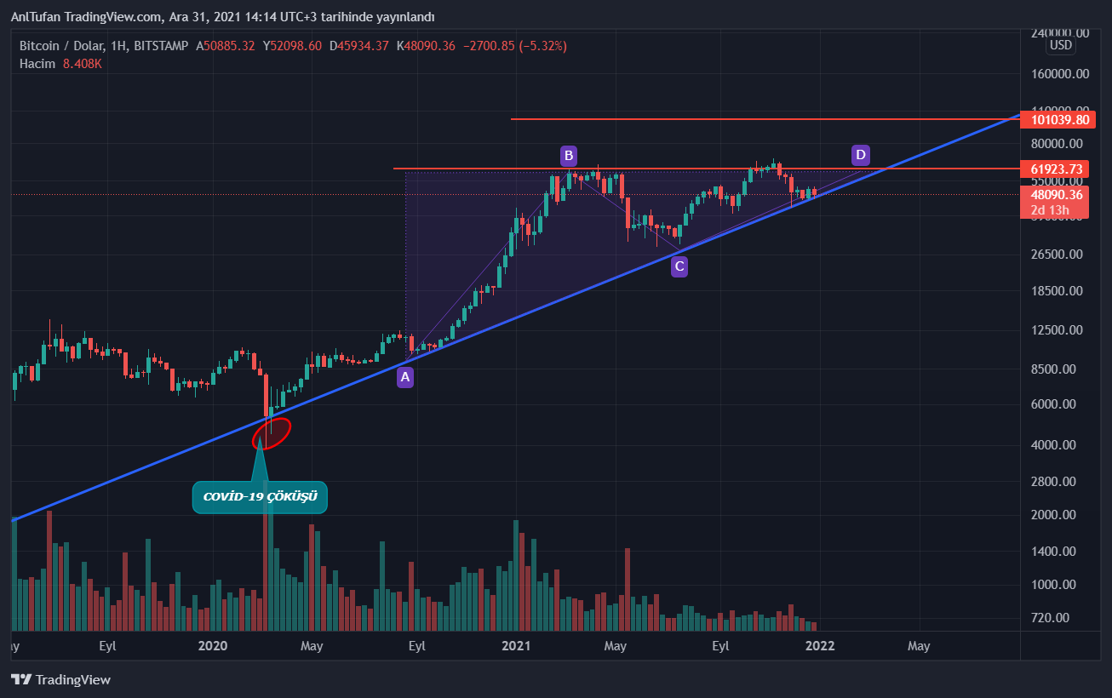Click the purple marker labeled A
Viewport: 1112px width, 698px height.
[x=405, y=377]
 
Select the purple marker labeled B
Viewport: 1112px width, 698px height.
[x=568, y=155]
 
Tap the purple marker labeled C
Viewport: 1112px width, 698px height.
[x=679, y=266]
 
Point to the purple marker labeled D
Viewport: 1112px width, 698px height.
[x=861, y=155]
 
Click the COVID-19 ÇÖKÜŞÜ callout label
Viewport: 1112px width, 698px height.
[x=260, y=497]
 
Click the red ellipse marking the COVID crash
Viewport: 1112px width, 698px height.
[x=272, y=432]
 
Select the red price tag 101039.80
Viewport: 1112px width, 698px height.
[x=1057, y=119]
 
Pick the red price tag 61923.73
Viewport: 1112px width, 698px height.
[x=1057, y=169]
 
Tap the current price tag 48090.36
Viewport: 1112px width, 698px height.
[x=1057, y=194]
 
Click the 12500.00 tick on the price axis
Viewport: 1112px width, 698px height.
[x=1057, y=330]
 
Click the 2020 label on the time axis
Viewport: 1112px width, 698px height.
[x=213, y=646]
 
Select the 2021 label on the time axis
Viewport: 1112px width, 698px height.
[x=516, y=646]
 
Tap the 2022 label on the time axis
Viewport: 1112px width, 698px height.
[x=820, y=646]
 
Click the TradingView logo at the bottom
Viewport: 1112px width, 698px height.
[x=60, y=679]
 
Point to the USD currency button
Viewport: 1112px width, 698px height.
[x=1061, y=45]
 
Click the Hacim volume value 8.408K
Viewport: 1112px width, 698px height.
[x=82, y=64]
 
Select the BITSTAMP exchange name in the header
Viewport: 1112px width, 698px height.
[x=162, y=46]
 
